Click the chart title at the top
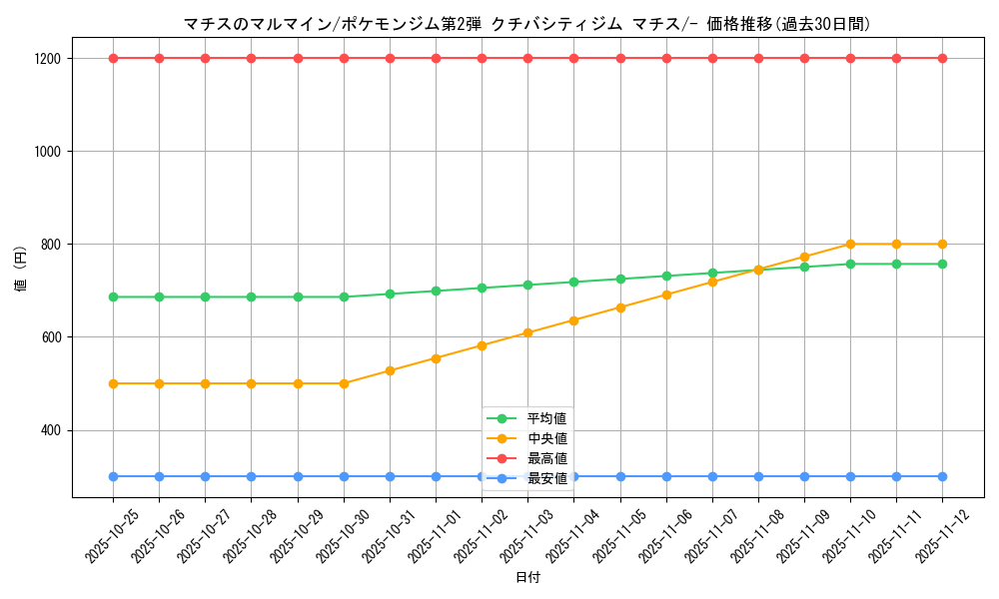point(527,24)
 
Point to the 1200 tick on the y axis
point(49,59)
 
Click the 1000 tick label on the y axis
point(49,152)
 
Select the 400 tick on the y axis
point(53,430)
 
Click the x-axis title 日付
point(527,578)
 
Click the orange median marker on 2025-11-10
point(850,244)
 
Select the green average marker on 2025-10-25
point(113,297)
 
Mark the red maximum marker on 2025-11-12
point(942,58)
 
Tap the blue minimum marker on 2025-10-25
point(113,476)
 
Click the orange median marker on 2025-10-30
point(344,383)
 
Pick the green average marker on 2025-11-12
point(942,264)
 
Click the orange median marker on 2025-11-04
point(573,320)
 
